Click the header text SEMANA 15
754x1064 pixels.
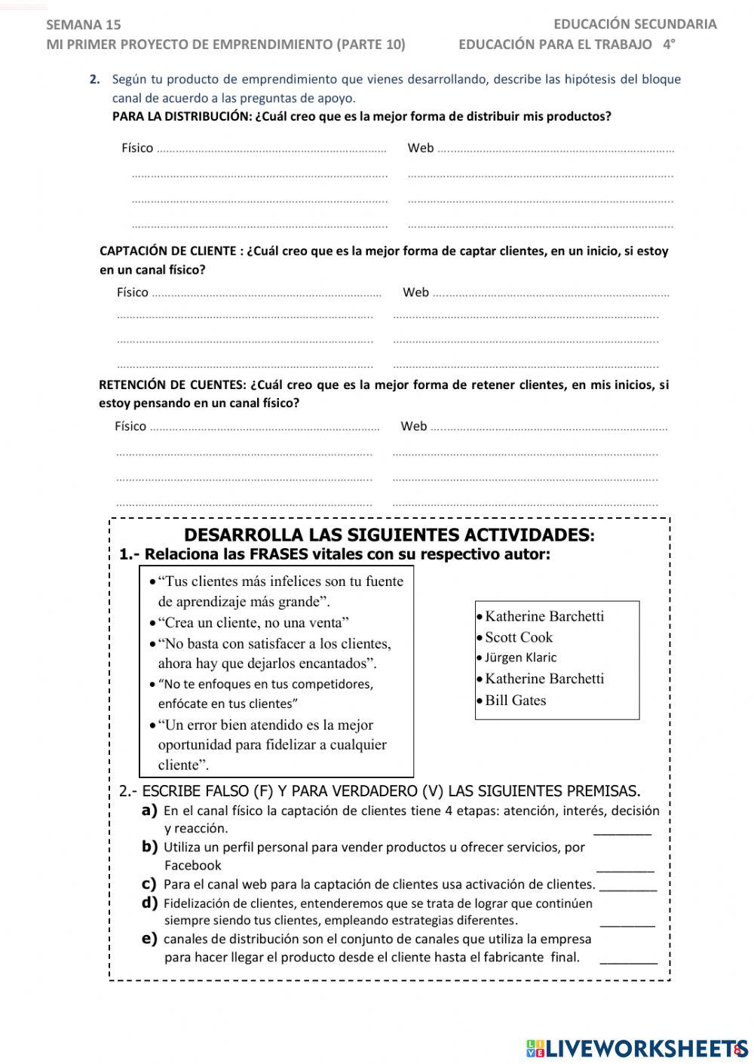(x=83, y=25)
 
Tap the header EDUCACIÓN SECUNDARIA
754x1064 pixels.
(x=635, y=24)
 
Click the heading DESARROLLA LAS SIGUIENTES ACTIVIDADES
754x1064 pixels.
(x=389, y=535)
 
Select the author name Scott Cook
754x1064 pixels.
(x=519, y=637)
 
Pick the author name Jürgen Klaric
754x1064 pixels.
(x=520, y=658)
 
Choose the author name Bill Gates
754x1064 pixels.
(x=515, y=701)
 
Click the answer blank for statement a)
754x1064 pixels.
(x=622, y=829)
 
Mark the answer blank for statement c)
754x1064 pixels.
(x=627, y=885)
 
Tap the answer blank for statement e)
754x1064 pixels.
(x=628, y=958)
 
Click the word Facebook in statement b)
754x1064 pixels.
(x=193, y=866)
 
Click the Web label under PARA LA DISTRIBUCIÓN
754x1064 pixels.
(x=420, y=148)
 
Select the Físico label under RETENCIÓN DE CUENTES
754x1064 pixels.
(x=130, y=426)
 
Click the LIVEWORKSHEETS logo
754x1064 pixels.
(x=636, y=1048)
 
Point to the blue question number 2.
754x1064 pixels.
(x=94, y=79)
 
